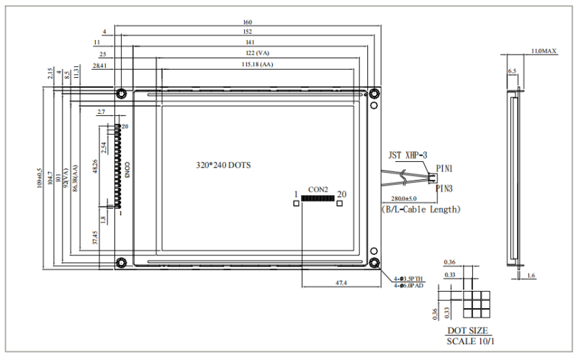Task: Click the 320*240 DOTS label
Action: (x=223, y=165)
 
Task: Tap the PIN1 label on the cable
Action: (x=444, y=168)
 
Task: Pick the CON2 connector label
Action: (x=318, y=189)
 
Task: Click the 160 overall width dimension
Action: (x=248, y=22)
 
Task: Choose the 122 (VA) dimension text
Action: (x=248, y=54)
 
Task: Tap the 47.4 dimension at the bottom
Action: (x=341, y=283)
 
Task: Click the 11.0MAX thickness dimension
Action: (x=544, y=52)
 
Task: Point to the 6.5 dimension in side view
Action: (x=512, y=71)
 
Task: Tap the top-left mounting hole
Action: (x=121, y=93)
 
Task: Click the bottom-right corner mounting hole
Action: (x=374, y=262)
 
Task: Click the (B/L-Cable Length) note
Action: (x=420, y=210)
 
